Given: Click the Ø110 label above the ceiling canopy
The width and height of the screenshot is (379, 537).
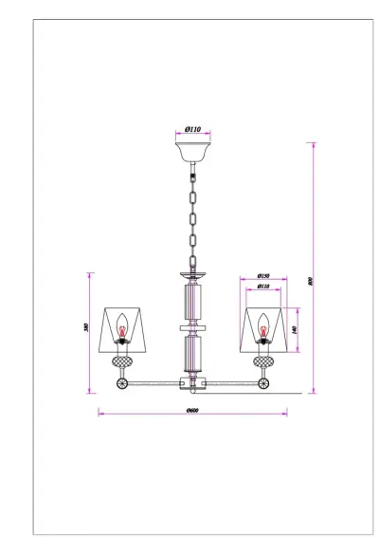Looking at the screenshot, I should tap(192, 129).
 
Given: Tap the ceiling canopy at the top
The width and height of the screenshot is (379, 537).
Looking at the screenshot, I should tap(192, 152).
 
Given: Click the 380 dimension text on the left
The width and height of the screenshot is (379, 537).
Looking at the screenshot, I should tap(85, 327).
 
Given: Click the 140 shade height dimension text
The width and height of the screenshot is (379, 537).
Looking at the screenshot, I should tap(296, 328).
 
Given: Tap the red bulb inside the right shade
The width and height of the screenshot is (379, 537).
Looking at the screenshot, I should tap(262, 330).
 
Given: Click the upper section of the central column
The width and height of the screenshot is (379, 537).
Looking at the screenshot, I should tap(191, 300).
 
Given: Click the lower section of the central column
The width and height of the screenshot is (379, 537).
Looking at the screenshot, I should tap(191, 352).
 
